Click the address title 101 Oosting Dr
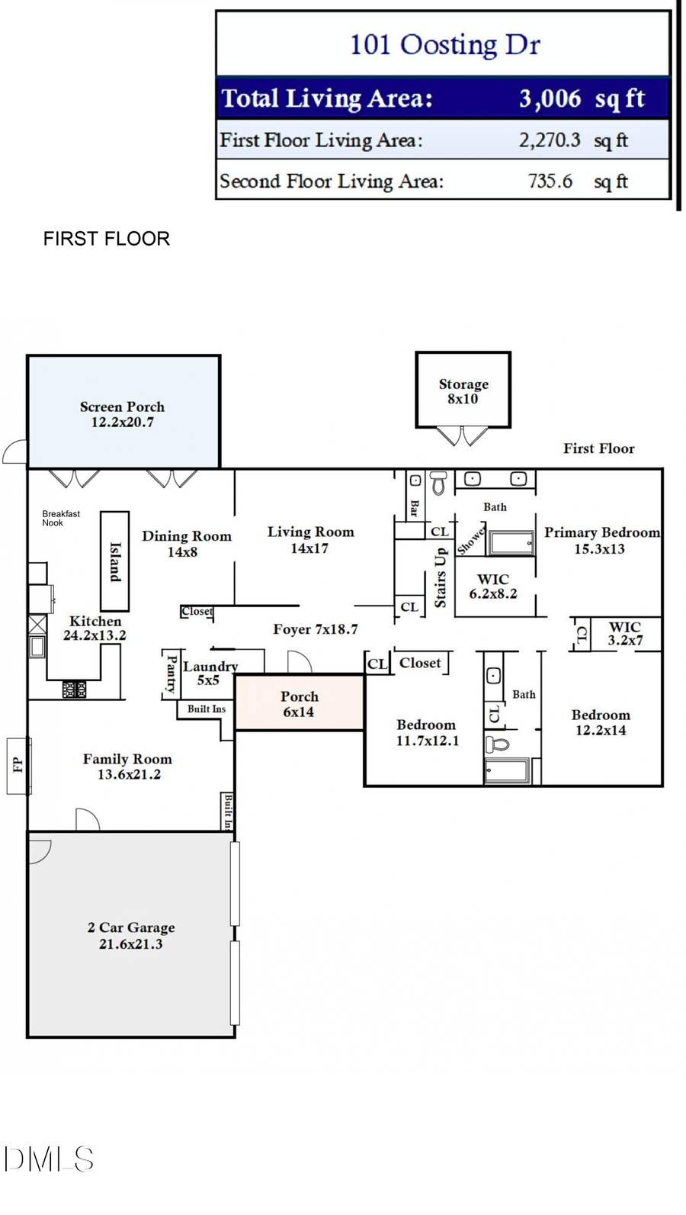[x=444, y=44]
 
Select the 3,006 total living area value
[x=550, y=98]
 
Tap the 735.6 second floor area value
[x=550, y=181]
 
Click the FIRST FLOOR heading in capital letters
[x=106, y=239]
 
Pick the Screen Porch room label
[x=122, y=414]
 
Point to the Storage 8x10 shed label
[x=463, y=391]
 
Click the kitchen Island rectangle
[x=115, y=561]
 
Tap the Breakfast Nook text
[x=60, y=519]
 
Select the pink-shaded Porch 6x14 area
[x=299, y=703]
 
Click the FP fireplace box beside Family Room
[x=18, y=765]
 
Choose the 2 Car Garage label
[x=131, y=935]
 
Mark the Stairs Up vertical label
[x=440, y=577]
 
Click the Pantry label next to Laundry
[x=171, y=673]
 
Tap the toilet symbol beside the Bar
[x=438, y=483]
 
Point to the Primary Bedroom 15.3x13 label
[x=601, y=540]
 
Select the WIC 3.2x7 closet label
[x=624, y=633]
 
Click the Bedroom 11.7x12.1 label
[x=427, y=732]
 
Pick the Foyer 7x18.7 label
[x=315, y=629]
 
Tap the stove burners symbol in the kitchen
[x=74, y=689]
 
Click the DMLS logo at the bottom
[x=48, y=1159]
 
